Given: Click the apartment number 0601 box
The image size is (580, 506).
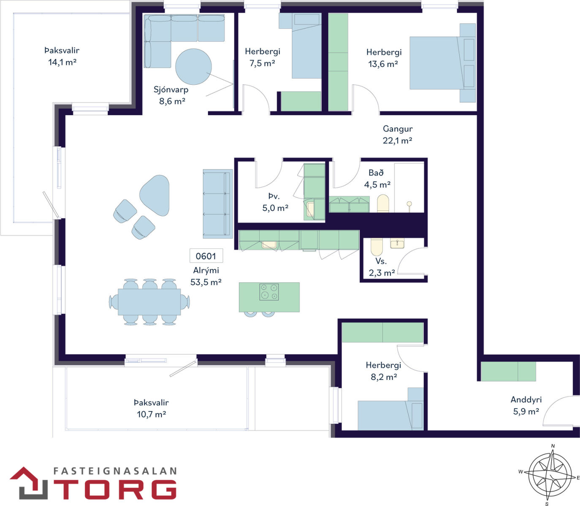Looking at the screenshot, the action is click(x=206, y=256).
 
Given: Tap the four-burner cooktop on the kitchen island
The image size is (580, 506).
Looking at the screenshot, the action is click(x=269, y=292).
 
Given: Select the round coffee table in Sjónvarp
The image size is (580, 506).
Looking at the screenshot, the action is click(x=193, y=67).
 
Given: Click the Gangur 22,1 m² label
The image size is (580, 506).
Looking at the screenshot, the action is click(x=398, y=135).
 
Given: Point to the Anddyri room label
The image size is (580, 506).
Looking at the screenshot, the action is click(x=526, y=400).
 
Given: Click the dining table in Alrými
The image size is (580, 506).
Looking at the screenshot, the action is click(x=149, y=301).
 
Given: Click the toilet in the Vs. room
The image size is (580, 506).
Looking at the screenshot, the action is click(x=377, y=247).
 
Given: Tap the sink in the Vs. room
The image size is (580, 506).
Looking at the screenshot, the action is click(x=397, y=243).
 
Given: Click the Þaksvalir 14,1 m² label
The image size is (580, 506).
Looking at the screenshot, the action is click(x=62, y=57).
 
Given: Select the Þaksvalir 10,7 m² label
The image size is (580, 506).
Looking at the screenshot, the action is click(x=152, y=408).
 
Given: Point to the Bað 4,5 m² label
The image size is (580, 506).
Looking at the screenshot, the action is click(x=377, y=179).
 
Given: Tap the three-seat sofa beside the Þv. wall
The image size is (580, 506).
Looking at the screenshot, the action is click(x=218, y=204).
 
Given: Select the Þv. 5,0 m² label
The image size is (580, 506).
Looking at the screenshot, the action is click(x=275, y=202).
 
